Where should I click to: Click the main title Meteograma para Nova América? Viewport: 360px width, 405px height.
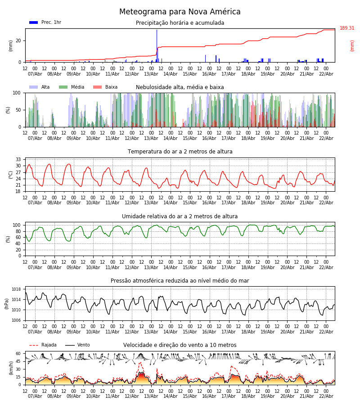[x=180, y=12]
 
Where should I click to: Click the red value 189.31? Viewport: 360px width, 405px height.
[x=347, y=28]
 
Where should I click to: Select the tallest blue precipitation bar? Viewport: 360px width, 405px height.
[x=157, y=45]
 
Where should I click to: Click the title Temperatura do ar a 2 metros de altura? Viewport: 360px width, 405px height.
[x=180, y=152]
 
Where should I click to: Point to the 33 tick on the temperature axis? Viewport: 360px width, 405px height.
[x=18, y=159]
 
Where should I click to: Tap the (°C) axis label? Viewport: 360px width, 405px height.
[x=11, y=174]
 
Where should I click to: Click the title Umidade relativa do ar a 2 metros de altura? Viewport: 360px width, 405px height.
[x=180, y=216]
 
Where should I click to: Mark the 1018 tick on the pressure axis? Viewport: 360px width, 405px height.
[x=16, y=289]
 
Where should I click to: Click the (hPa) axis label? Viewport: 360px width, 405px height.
[x=6, y=303]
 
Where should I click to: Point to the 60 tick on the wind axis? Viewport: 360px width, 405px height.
[x=18, y=354]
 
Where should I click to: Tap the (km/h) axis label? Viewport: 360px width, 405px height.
[x=11, y=368]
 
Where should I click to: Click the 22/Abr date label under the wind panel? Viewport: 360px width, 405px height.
[x=326, y=396]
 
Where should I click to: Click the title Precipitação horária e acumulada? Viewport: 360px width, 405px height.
[x=180, y=23]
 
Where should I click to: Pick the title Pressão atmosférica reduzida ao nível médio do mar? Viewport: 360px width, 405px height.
[x=180, y=281]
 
